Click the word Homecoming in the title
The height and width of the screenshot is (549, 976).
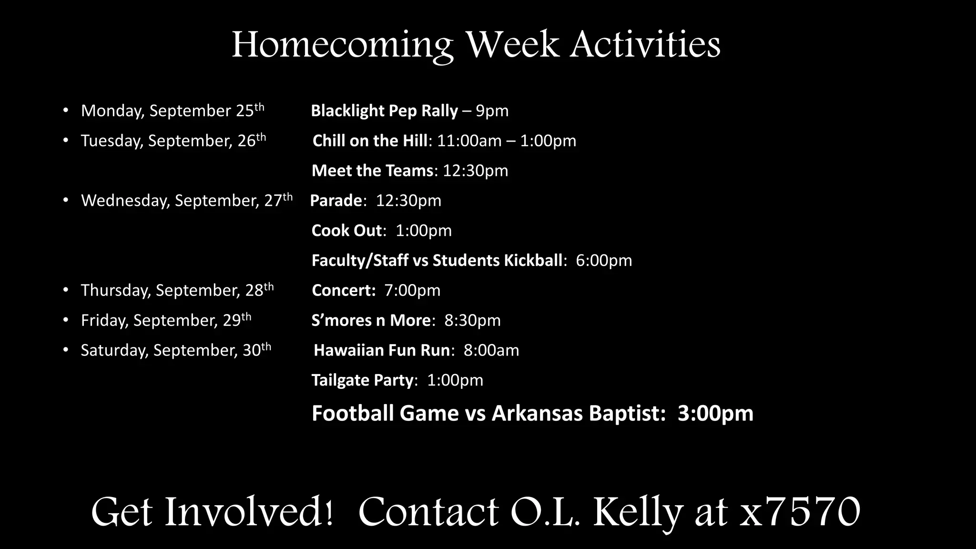[342, 45]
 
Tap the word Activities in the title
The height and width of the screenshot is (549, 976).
[645, 45]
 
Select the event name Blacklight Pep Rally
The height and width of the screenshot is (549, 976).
[384, 111]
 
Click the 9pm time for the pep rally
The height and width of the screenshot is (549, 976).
[492, 111]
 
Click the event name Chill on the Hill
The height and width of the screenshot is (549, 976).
[370, 141]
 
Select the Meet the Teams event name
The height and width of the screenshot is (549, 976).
[372, 171]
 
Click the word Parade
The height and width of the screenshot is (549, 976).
[336, 201]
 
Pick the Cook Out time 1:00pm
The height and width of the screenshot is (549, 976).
[423, 231]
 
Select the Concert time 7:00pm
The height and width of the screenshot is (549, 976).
[412, 291]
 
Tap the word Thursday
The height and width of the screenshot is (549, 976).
[115, 291]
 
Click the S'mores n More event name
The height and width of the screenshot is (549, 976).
[371, 320]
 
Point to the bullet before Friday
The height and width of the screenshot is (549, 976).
[66, 320]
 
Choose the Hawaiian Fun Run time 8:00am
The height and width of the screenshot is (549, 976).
[491, 351]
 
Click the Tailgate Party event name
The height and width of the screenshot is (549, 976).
[362, 380]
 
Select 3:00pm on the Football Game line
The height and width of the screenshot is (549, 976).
[715, 413]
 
